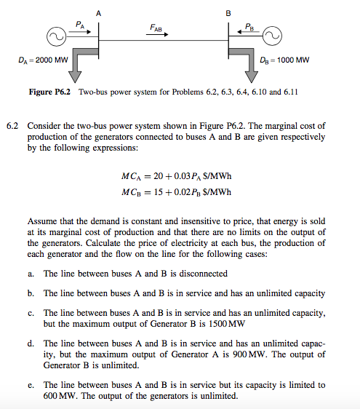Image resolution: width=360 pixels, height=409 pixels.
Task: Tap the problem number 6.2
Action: coord(11,126)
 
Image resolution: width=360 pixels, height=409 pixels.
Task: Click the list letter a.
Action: coord(31,274)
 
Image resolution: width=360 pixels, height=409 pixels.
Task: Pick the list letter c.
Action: coord(31,313)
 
